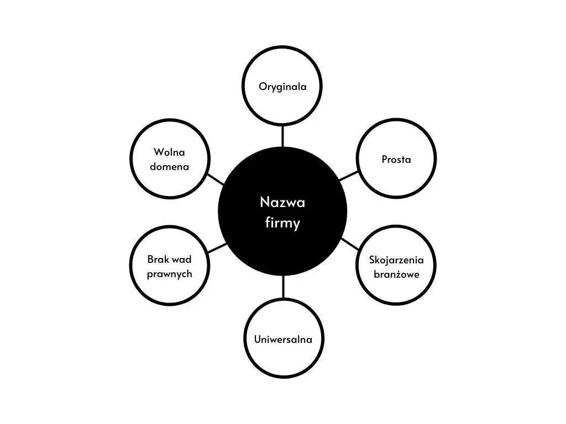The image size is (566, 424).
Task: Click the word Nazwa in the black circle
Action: (282, 202)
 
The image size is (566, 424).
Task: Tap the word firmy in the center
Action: (282, 223)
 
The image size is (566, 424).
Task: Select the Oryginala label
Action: (282, 87)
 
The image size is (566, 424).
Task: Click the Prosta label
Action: (396, 160)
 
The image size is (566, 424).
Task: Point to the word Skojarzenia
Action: (396, 260)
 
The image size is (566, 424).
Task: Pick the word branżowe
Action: (396, 274)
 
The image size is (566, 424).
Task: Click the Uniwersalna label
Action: (283, 340)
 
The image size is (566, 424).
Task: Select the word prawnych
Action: (169, 274)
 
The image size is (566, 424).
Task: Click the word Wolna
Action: (169, 152)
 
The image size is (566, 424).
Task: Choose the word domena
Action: (169, 167)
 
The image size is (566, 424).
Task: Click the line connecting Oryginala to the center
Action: (282, 136)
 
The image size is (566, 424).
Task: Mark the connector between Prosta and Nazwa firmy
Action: (349, 176)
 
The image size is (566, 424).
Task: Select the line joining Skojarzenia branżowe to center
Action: (350, 243)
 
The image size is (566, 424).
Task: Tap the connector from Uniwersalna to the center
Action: (284, 287)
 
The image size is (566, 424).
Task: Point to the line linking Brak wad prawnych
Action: (217, 248)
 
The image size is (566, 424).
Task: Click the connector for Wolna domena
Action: (216, 179)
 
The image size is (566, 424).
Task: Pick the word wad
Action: (182, 259)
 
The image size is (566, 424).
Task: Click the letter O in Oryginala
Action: (263, 87)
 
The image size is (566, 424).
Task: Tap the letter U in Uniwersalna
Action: (258, 340)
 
